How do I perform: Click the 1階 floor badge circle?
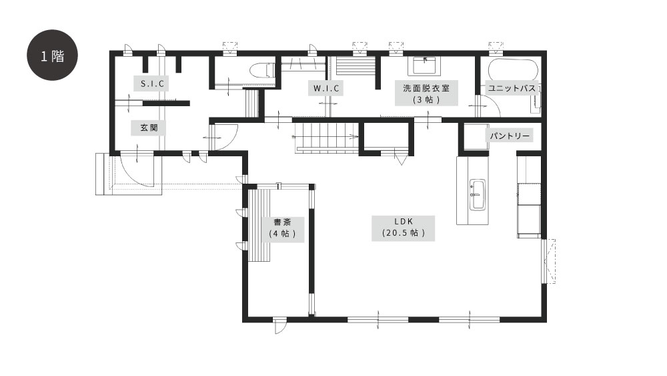point(52,55)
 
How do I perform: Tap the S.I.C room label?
point(152,83)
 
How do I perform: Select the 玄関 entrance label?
point(149,128)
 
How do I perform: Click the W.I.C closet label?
point(326,89)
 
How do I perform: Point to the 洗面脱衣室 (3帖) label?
point(426,93)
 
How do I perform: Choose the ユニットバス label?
point(512,87)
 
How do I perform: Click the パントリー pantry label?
point(509,136)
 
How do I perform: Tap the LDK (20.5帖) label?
point(404,228)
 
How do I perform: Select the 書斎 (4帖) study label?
point(282,229)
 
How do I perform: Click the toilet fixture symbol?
point(262,70)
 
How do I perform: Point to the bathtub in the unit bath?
point(513,70)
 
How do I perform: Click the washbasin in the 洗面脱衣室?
point(424,65)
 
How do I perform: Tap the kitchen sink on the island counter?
point(478,194)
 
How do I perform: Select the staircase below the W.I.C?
point(327,136)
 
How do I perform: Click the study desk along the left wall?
point(259,225)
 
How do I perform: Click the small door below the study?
point(279,327)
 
